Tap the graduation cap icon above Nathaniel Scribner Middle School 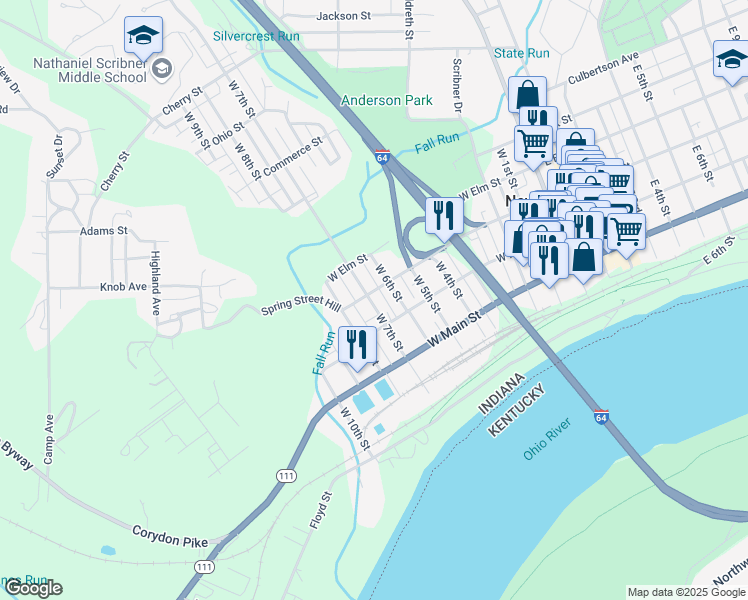pyautogui.click(x=143, y=36)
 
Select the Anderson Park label pyautogui.click(x=387, y=100)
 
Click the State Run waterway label pyautogui.click(x=521, y=52)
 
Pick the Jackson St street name pyautogui.click(x=343, y=16)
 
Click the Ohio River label pyautogui.click(x=546, y=443)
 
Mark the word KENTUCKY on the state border pyautogui.click(x=516, y=412)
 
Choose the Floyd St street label pyautogui.click(x=319, y=510)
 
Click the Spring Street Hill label pyautogui.click(x=301, y=308)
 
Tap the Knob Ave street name pyautogui.click(x=123, y=286)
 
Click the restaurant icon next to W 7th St pyautogui.click(x=357, y=344)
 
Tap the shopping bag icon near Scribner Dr pyautogui.click(x=526, y=95)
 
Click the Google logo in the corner pyautogui.click(x=32, y=588)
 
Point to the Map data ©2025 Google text pyautogui.click(x=685, y=592)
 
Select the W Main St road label pyautogui.click(x=455, y=328)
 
